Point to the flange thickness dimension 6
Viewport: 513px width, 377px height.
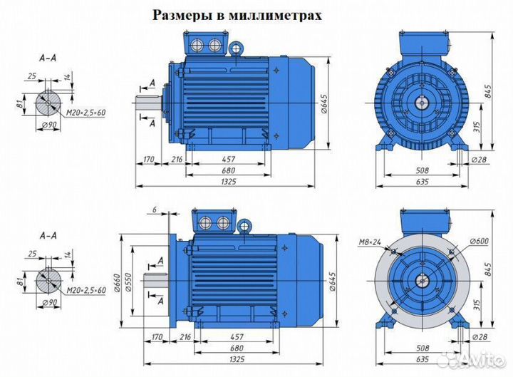tap(153, 209)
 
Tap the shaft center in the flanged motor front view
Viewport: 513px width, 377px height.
tap(423, 279)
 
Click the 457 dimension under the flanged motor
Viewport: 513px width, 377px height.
tap(229, 336)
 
